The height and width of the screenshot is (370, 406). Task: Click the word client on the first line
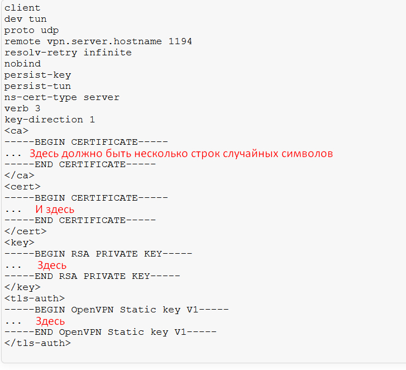click(22, 8)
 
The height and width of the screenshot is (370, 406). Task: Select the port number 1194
click(180, 41)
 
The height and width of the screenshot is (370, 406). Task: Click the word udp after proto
click(49, 30)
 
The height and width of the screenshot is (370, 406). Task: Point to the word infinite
click(107, 53)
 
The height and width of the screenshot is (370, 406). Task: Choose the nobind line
click(22, 64)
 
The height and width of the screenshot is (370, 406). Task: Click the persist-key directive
click(37, 75)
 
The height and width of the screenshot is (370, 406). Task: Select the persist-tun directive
click(37, 86)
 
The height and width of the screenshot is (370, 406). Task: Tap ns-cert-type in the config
click(40, 97)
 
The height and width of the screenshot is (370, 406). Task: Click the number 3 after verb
click(37, 108)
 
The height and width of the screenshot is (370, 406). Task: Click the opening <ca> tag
click(16, 131)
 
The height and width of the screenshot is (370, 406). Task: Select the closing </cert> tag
click(25, 231)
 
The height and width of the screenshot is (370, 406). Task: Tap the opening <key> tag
click(19, 243)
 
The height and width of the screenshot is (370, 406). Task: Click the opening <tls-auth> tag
click(34, 298)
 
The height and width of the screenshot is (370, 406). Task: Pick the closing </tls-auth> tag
click(37, 343)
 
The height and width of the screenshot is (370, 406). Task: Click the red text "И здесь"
click(55, 209)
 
